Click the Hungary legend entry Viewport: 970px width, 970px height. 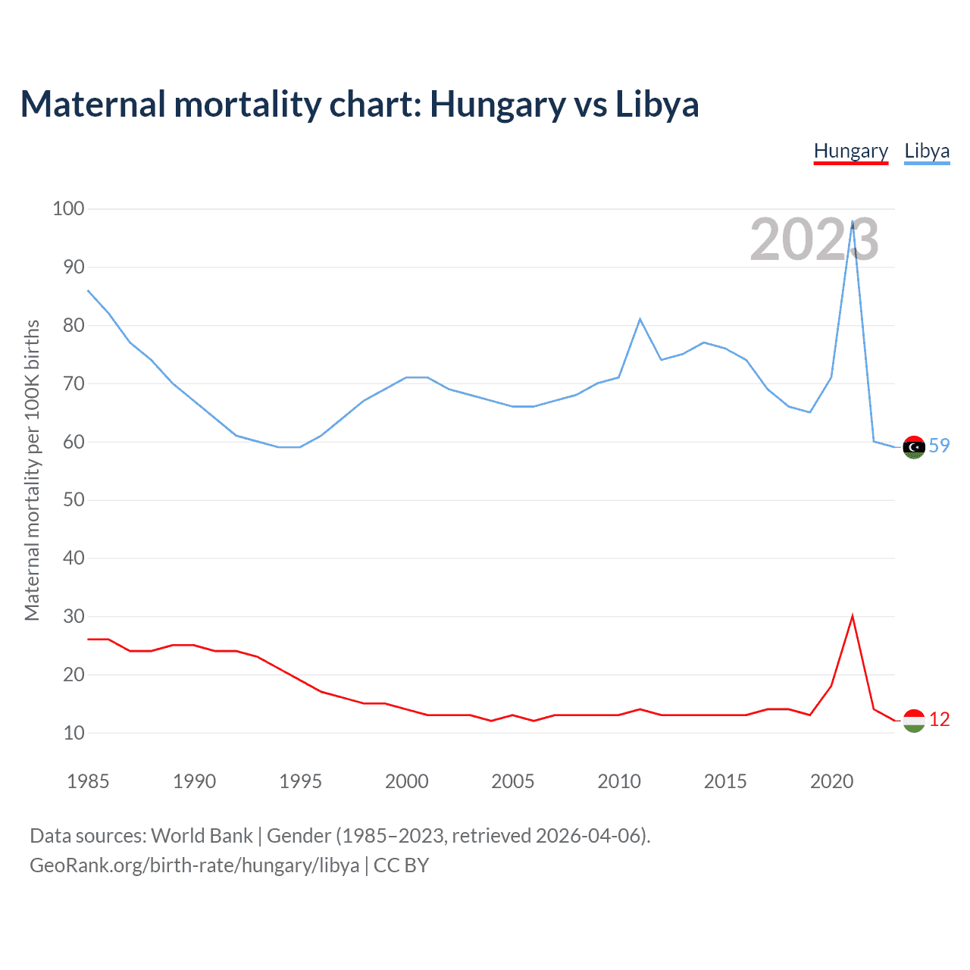click(850, 151)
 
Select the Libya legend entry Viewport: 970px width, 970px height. click(927, 151)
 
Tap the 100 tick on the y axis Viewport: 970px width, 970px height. click(68, 208)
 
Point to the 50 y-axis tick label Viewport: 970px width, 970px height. click(73, 500)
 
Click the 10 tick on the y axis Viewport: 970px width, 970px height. click(73, 733)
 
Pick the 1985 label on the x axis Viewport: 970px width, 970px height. click(88, 781)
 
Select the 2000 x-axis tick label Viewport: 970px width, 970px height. click(407, 781)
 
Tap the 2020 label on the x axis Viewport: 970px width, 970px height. click(831, 781)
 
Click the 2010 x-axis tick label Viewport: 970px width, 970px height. click(619, 781)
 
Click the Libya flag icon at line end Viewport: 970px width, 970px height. click(914, 447)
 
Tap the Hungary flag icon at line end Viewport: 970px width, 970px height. click(914, 721)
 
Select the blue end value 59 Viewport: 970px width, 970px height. click(939, 446)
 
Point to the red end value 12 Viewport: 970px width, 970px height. click(939, 719)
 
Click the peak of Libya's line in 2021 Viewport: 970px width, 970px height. click(853, 221)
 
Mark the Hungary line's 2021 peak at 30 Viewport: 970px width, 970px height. click(853, 616)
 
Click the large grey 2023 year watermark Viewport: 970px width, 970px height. click(814, 239)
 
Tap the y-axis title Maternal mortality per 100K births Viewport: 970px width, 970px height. click(32, 470)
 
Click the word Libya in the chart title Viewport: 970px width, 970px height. click(656, 104)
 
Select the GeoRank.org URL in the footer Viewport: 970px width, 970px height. click(194, 865)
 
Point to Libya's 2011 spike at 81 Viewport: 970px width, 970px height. click(640, 319)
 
